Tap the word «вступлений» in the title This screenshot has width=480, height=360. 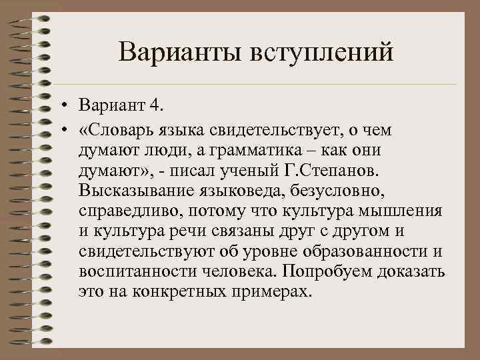pyautogui.click(x=319, y=52)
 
